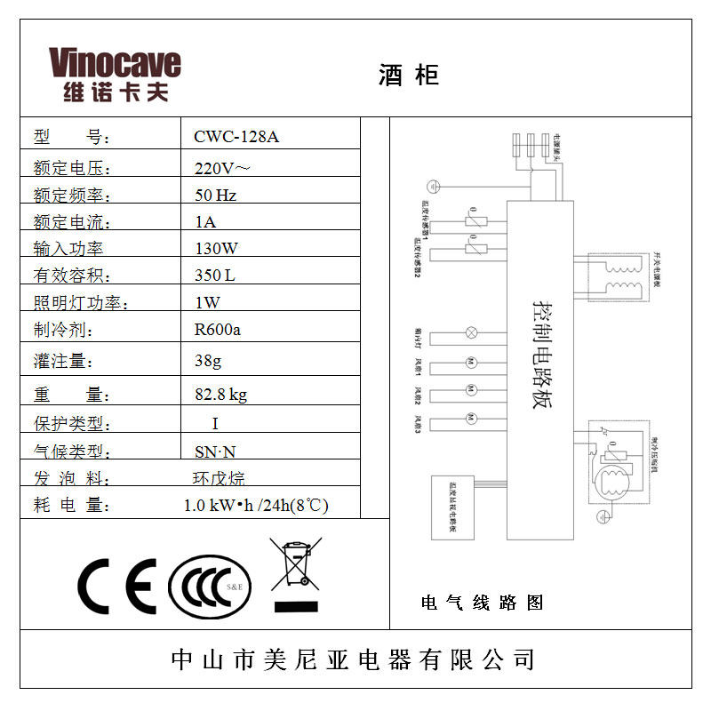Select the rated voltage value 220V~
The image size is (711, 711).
click(x=222, y=166)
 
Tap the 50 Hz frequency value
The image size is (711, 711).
click(x=215, y=195)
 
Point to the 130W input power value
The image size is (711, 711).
click(x=217, y=249)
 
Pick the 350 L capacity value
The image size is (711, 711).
click(x=215, y=276)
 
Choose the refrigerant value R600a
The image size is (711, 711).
click(x=218, y=330)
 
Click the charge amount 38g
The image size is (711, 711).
click(x=208, y=362)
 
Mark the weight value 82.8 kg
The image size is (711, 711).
click(x=220, y=395)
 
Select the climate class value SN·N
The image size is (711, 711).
click(x=215, y=451)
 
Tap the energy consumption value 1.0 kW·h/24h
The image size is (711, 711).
click(x=256, y=506)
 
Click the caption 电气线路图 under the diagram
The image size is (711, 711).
click(x=482, y=603)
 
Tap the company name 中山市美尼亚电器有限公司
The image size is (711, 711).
click(x=354, y=659)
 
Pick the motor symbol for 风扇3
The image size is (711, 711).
click(x=472, y=419)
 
